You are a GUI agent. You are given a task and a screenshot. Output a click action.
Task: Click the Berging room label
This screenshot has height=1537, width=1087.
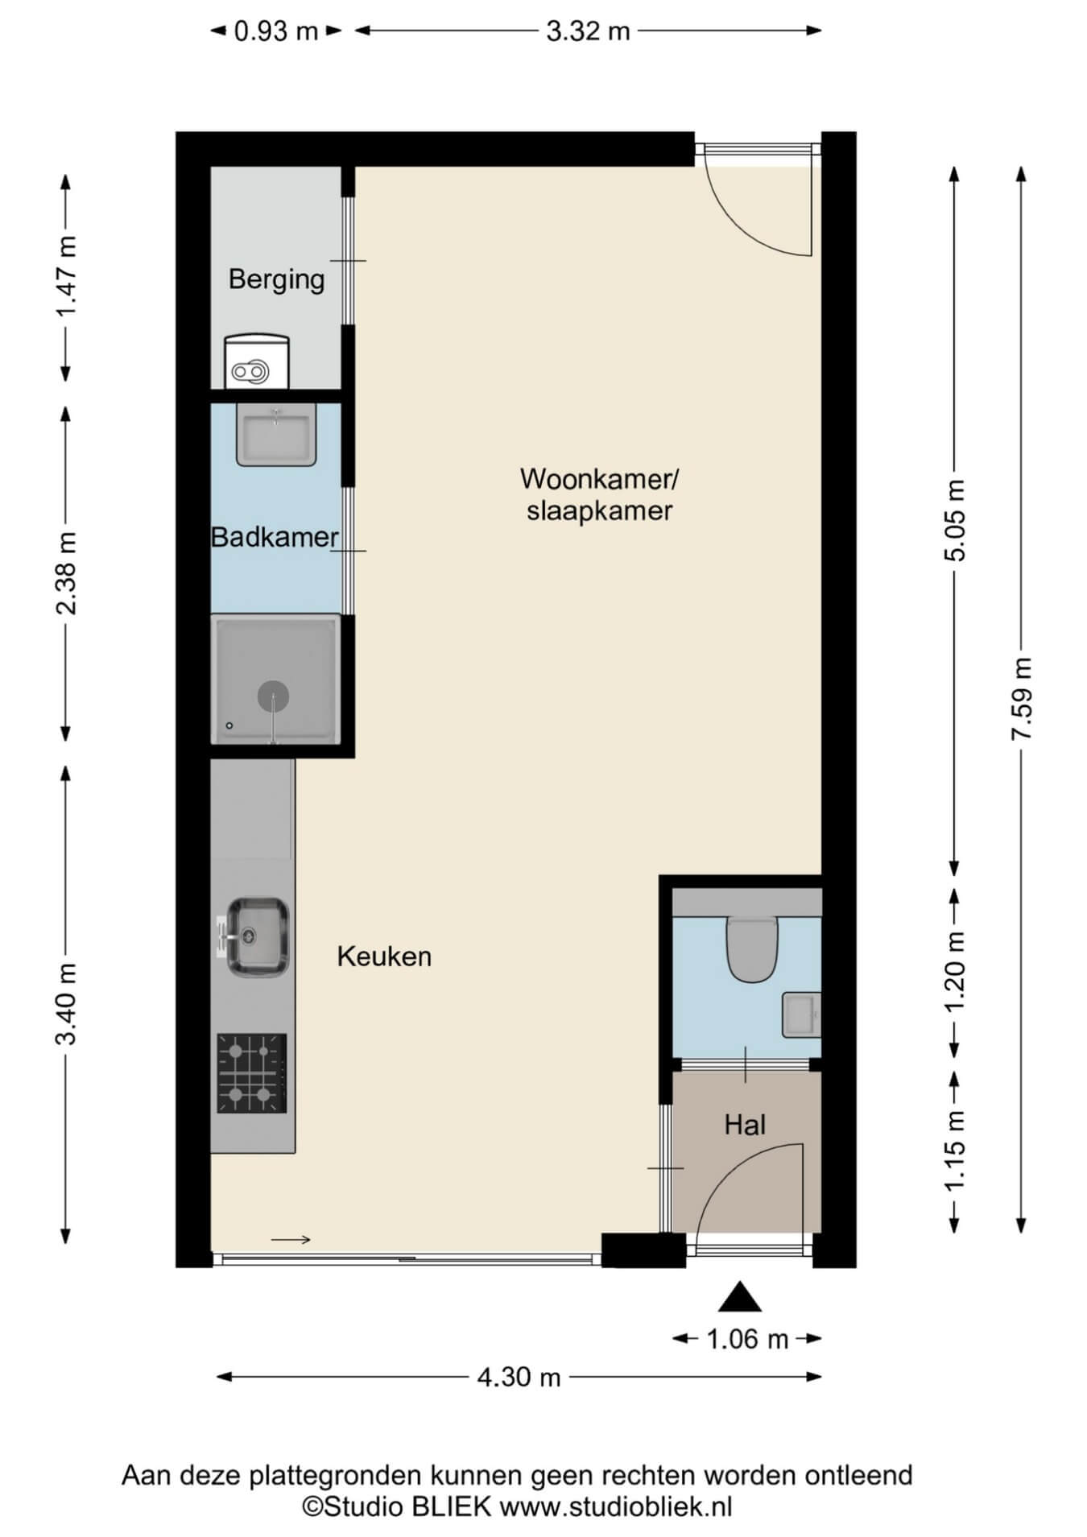276,280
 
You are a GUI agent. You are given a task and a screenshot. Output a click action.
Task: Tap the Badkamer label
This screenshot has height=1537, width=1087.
275,537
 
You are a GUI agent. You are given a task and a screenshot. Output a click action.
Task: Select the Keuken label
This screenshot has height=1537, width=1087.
384,956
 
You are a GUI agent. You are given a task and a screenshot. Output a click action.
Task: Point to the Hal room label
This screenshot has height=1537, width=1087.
745,1125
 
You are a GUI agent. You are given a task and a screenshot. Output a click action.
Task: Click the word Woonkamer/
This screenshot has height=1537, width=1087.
600,479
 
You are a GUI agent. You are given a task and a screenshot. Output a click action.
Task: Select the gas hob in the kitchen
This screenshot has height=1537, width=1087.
252,1074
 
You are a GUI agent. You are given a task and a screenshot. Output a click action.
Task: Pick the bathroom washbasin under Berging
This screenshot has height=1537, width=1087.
276,435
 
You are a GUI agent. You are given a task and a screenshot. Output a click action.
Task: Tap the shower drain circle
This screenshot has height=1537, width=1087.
273,696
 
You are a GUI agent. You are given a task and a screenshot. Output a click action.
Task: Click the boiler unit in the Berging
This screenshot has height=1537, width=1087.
257,362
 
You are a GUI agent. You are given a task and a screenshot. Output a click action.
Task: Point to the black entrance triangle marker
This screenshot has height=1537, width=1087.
740,1297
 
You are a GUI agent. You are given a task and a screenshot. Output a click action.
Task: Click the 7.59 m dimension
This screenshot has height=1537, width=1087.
1022,699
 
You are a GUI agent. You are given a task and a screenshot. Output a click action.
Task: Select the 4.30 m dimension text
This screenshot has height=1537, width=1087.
519,1377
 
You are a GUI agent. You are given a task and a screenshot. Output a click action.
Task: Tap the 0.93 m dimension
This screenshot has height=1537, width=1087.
276,31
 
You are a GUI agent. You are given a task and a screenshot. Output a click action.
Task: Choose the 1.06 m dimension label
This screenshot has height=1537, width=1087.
747,1339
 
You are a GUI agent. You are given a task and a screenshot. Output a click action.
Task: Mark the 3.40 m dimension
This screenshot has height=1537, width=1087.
66,1004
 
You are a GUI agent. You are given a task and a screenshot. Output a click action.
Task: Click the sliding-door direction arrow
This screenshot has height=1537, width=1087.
291,1239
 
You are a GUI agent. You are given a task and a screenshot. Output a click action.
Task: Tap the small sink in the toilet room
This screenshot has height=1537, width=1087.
801,1014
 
